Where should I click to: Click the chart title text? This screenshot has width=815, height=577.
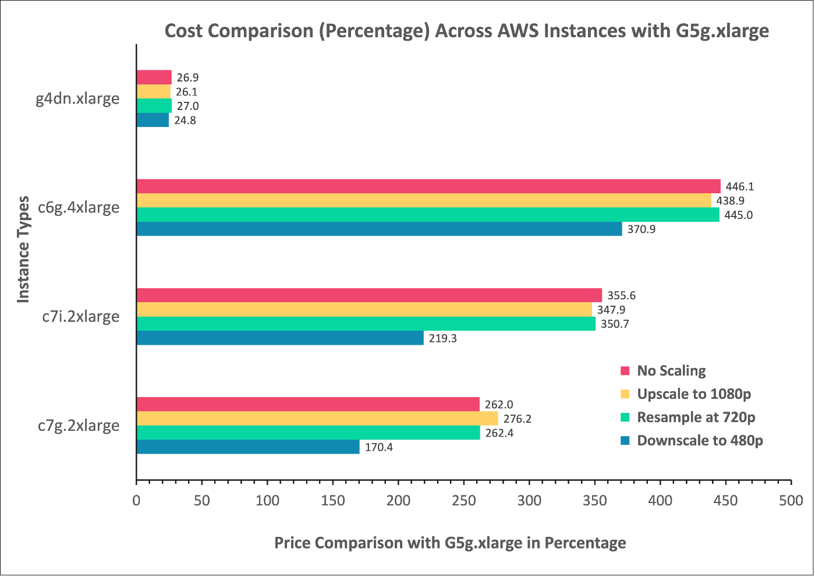click(x=466, y=30)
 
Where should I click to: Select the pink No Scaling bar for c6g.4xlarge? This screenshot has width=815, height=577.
click(x=428, y=186)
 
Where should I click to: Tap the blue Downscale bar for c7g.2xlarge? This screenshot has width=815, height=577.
click(x=247, y=447)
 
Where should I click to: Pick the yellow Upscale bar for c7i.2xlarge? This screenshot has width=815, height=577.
click(x=364, y=310)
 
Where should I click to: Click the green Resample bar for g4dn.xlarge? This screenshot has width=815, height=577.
click(x=154, y=106)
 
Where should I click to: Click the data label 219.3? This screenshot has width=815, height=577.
click(x=442, y=338)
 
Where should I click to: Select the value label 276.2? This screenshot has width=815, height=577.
click(x=517, y=419)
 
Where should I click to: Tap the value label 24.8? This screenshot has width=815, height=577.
click(x=185, y=121)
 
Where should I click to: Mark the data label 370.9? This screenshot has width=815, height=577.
click(x=641, y=229)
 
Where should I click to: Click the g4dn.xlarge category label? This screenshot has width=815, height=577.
click(x=77, y=98)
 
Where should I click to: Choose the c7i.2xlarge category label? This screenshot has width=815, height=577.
click(x=81, y=317)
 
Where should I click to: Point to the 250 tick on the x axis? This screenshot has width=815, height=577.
click(x=463, y=501)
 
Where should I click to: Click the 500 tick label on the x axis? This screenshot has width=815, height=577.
click(x=791, y=501)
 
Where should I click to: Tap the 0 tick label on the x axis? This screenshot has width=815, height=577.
click(x=136, y=501)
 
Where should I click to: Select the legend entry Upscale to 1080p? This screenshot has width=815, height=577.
click(x=694, y=394)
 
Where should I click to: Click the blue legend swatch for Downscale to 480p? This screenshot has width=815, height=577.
click(x=625, y=441)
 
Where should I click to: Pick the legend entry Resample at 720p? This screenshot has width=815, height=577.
click(x=696, y=417)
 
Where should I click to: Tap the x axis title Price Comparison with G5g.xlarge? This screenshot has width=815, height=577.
click(x=450, y=543)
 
